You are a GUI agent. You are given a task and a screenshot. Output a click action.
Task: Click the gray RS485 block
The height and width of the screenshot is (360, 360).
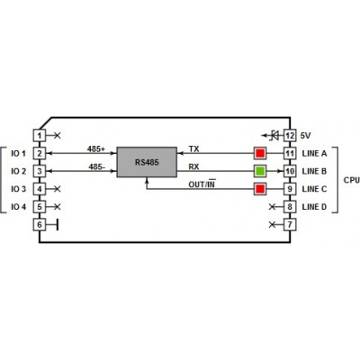pos(147,162)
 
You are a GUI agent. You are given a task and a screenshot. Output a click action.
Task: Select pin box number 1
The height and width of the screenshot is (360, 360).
pos(40,136)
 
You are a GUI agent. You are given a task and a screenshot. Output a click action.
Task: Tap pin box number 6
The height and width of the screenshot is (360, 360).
pos(40,224)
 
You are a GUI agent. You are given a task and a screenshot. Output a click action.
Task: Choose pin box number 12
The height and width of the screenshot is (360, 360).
pos(290,136)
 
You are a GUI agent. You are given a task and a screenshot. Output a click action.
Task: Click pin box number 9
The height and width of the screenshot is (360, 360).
pos(290,189)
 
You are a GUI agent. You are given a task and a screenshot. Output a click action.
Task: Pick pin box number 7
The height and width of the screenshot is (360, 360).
pos(290,224)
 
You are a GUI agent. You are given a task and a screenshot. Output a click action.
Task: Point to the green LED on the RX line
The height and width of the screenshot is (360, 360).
pos(260,171)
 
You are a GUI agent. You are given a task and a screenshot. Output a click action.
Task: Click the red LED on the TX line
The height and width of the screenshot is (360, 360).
pos(260,153)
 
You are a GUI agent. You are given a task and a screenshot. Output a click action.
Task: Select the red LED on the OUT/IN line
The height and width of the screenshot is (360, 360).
pos(260,189)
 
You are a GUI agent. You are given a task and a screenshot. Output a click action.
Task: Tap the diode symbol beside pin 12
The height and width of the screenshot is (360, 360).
pos(274,136)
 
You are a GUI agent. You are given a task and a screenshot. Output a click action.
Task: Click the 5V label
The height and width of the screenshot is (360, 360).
pos(305,136)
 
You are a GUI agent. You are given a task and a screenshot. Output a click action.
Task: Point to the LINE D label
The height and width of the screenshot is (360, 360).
pos(314,207)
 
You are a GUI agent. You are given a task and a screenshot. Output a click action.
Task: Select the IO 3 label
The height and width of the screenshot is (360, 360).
pos(19,189)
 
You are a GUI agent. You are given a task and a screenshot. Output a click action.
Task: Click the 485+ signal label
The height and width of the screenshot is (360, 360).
pos(96,148)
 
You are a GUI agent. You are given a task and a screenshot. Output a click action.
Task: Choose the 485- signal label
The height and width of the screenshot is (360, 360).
pos(97,166)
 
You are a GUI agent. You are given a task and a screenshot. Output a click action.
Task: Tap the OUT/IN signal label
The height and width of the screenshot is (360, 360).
pos(202,184)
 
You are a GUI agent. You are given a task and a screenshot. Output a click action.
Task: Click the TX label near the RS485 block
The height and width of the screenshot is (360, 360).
pos(193,148)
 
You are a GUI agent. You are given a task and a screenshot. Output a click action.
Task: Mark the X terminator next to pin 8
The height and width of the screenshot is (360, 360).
pos(272,207)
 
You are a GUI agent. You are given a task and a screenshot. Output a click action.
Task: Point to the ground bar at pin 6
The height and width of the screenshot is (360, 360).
pos(58,224)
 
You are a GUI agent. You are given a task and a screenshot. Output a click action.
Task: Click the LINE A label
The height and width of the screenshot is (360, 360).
pos(314,153)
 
